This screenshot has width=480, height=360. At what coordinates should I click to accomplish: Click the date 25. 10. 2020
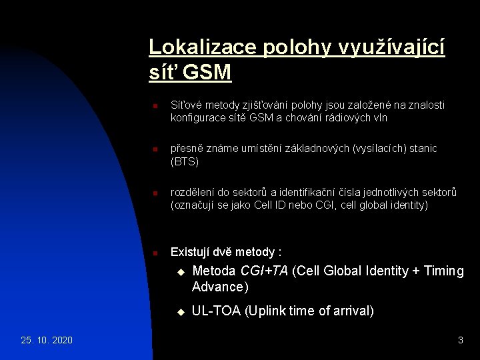pyautogui.click(x=47, y=340)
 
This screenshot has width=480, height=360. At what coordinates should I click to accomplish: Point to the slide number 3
pyautogui.click(x=460, y=340)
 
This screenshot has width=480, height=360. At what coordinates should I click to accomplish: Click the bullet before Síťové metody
pyautogui.click(x=153, y=106)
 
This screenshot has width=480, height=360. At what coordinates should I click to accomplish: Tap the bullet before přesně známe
pyautogui.click(x=153, y=149)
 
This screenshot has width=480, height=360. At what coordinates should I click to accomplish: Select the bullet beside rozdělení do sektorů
pyautogui.click(x=153, y=193)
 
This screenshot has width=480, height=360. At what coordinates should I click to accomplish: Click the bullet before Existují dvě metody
pyautogui.click(x=153, y=253)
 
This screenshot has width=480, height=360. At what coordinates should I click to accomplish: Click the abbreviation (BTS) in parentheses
pyautogui.click(x=185, y=161)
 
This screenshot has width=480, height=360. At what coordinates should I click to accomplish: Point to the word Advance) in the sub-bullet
pyautogui.click(x=220, y=287)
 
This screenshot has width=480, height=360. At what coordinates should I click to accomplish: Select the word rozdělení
pyautogui.click(x=195, y=193)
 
